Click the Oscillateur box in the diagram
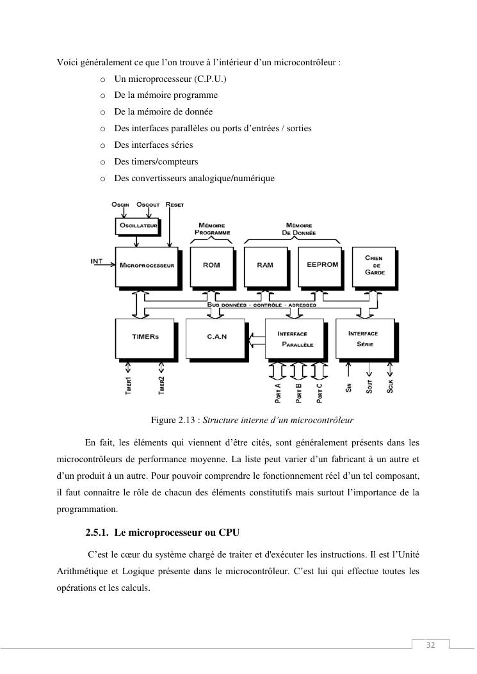(x=137, y=225)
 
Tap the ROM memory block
(x=211, y=265)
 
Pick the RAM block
(x=265, y=265)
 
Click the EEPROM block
(x=319, y=265)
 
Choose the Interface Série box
(x=364, y=338)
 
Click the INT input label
(x=97, y=261)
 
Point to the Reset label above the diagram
(x=174, y=204)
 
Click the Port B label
(x=299, y=392)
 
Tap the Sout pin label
(x=369, y=386)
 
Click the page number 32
(x=430, y=645)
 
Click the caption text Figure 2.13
(x=175, y=421)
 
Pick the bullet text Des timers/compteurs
(x=156, y=161)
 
